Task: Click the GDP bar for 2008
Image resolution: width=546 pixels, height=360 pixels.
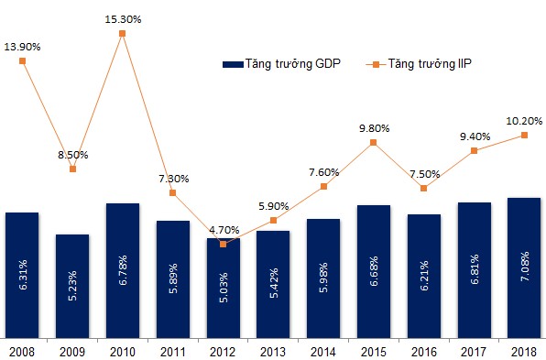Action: tap(22, 275)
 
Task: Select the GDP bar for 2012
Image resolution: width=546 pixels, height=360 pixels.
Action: tap(224, 288)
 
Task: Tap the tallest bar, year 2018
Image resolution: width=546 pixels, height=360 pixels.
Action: tap(524, 267)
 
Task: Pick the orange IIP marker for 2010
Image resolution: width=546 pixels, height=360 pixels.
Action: tap(122, 33)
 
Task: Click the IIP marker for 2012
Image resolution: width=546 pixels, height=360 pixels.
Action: tap(224, 244)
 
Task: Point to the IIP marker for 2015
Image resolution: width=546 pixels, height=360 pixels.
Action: tap(373, 142)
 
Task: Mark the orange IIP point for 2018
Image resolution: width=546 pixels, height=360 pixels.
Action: tap(524, 135)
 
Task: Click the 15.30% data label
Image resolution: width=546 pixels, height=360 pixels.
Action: tap(123, 19)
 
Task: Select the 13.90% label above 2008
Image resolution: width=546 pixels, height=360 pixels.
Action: tap(22, 47)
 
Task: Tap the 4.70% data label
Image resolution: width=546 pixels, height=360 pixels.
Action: tap(224, 230)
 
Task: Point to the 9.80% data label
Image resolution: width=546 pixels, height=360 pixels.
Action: tap(375, 128)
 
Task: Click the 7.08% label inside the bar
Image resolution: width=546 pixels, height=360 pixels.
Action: tap(525, 266)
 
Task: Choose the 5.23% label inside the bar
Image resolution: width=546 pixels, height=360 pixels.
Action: tap(72, 286)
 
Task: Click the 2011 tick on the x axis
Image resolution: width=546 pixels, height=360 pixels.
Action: tap(173, 352)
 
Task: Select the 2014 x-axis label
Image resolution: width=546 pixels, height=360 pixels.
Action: tap(323, 352)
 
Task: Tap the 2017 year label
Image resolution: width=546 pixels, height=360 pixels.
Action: tap(474, 352)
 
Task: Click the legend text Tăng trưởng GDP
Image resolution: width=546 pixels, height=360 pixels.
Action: tap(293, 64)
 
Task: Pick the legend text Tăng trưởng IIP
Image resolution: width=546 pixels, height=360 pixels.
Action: tap(430, 64)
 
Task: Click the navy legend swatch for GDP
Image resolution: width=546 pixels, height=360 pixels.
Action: tap(233, 64)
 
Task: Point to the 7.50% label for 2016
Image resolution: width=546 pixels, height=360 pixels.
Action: tap(424, 174)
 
